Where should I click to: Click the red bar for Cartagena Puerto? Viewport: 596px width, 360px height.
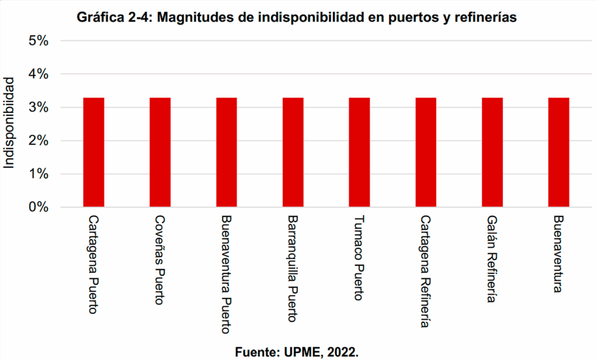94,152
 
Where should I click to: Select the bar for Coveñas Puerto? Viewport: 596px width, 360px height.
160,152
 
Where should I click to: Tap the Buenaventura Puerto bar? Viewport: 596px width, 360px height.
226,152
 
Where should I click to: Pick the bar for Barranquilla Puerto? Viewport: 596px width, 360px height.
293,152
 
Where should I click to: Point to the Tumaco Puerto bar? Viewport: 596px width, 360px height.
359,152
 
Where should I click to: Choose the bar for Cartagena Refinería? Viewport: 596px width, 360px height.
425,152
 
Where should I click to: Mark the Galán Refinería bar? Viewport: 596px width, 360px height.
492,152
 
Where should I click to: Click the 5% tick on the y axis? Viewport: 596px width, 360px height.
38,41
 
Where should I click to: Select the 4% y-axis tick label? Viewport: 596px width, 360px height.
38,74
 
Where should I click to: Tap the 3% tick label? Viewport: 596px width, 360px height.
38,108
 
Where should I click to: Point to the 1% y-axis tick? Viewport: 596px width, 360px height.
38,174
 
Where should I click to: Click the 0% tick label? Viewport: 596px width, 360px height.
38,207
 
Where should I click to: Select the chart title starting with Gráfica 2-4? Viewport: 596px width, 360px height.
297,17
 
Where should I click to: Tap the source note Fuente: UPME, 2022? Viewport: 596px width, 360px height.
297,352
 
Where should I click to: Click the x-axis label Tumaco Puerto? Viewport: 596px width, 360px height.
359,258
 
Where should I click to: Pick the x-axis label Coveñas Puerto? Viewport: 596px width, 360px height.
159,260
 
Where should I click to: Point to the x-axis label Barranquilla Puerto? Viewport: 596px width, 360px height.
292,269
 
